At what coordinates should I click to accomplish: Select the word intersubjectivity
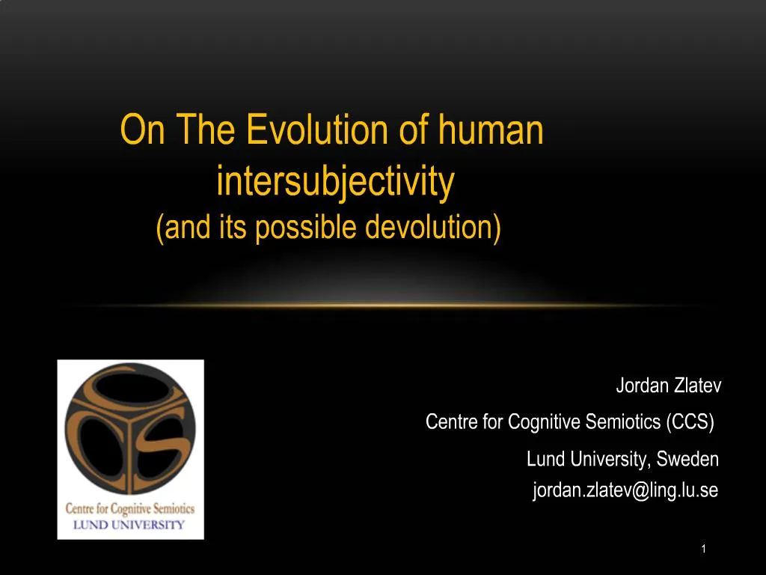[x=335, y=181]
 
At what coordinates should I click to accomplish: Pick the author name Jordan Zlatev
[x=668, y=386]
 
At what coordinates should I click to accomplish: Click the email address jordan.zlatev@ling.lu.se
[x=625, y=490]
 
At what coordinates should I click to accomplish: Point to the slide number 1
[x=704, y=550]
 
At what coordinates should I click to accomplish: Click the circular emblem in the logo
[x=130, y=434]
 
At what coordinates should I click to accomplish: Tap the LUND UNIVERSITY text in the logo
[x=128, y=524]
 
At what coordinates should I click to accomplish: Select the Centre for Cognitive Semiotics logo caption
[x=130, y=510]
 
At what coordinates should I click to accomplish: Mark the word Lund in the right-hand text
[x=544, y=458]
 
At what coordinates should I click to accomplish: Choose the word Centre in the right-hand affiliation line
[x=452, y=422]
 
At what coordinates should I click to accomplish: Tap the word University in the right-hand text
[x=607, y=458]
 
